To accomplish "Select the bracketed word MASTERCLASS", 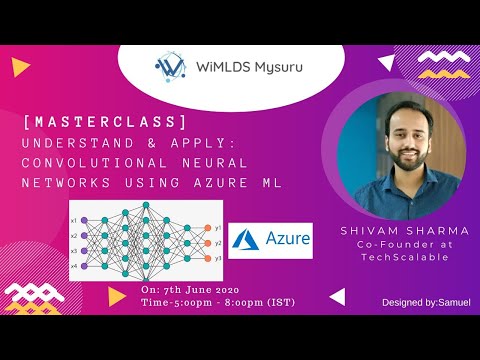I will coord(105,121).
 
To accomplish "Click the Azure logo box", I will coord(270,241).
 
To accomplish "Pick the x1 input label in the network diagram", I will coord(74,219).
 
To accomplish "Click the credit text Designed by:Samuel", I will coord(427,301).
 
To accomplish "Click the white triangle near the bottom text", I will coord(337,296).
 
